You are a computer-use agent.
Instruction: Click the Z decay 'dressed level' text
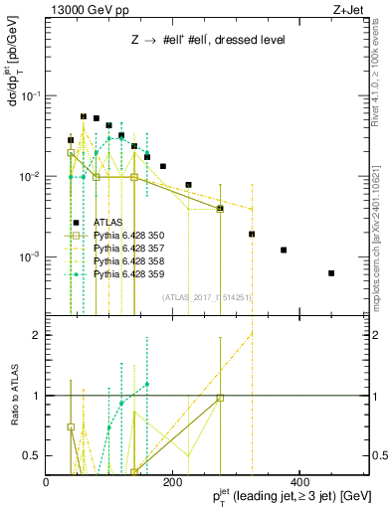188,40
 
